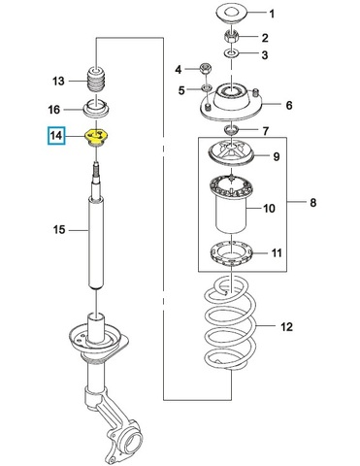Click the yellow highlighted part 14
tap(97, 138)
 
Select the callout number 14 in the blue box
tap(56, 135)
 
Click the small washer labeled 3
tap(232, 52)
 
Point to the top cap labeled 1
tap(232, 13)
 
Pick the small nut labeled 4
tap(206, 68)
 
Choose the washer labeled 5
tap(206, 87)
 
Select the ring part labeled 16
tap(97, 109)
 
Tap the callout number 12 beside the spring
tap(286, 327)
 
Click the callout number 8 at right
tap(313, 203)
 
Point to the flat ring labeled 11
tap(232, 254)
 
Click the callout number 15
tap(59, 230)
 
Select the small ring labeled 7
tap(231, 129)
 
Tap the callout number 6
tap(289, 105)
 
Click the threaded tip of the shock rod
tap(97, 170)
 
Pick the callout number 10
tap(269, 208)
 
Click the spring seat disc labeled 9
tap(232, 154)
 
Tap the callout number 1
tap(272, 14)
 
